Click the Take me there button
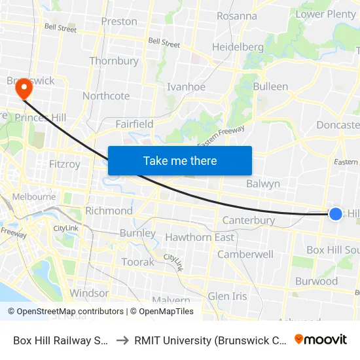180,160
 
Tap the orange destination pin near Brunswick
24,88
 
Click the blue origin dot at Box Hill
335,213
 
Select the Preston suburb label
119,22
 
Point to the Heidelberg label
238,47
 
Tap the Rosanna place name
236,16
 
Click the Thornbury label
114,61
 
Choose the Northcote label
106,96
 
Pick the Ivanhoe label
187,87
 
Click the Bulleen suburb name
270,86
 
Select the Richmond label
109,211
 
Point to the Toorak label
137,262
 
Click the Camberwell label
245,254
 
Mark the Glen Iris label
228,297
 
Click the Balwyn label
263,184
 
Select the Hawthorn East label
200,237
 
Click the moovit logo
320,339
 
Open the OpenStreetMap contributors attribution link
70,312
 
